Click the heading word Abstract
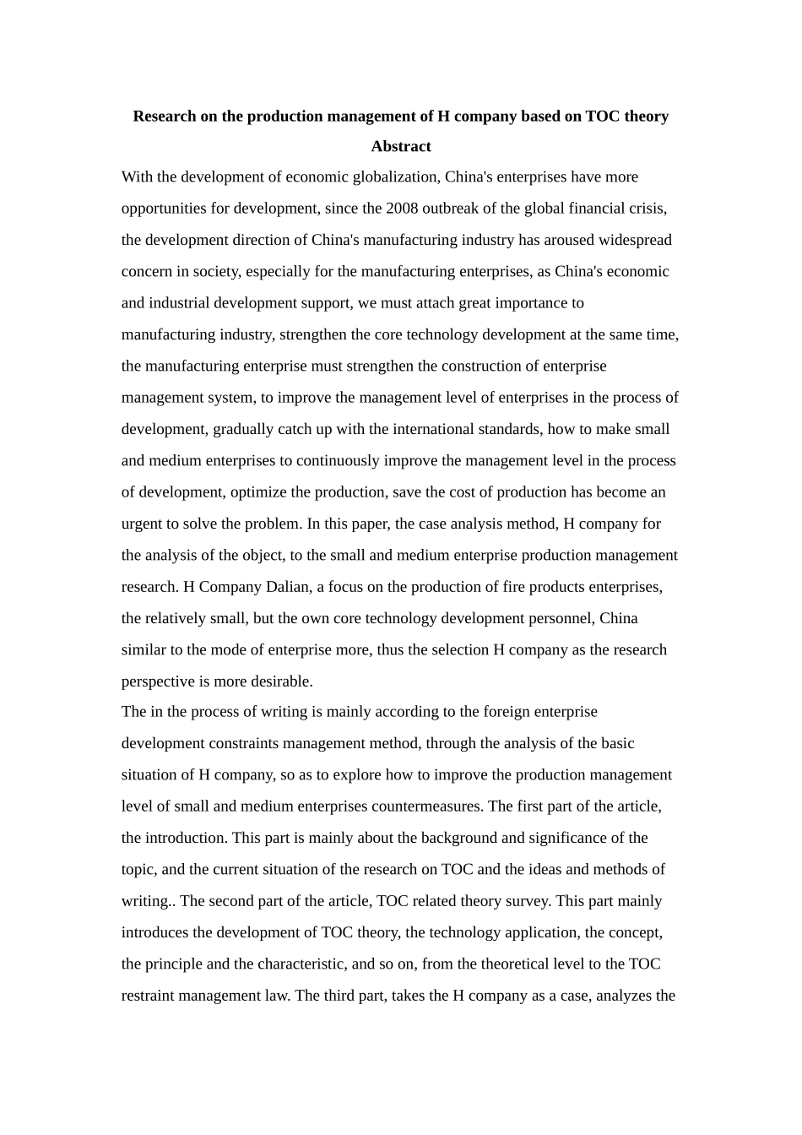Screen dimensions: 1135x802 (401, 146)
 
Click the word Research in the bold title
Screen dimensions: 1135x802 (165, 116)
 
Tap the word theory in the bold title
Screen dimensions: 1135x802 (646, 116)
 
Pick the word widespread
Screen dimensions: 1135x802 (635, 240)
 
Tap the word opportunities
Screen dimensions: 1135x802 (164, 208)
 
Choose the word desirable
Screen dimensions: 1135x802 (282, 682)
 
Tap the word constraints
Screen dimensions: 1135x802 (246, 743)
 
